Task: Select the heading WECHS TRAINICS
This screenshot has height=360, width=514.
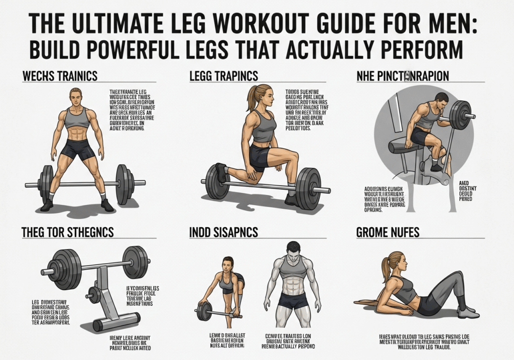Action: click(x=60, y=77)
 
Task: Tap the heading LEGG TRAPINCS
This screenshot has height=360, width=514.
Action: click(x=223, y=77)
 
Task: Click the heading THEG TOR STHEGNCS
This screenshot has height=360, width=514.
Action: click(x=67, y=232)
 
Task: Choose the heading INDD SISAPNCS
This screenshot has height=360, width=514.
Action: click(x=224, y=232)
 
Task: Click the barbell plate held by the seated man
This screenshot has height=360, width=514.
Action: click(x=459, y=115)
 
